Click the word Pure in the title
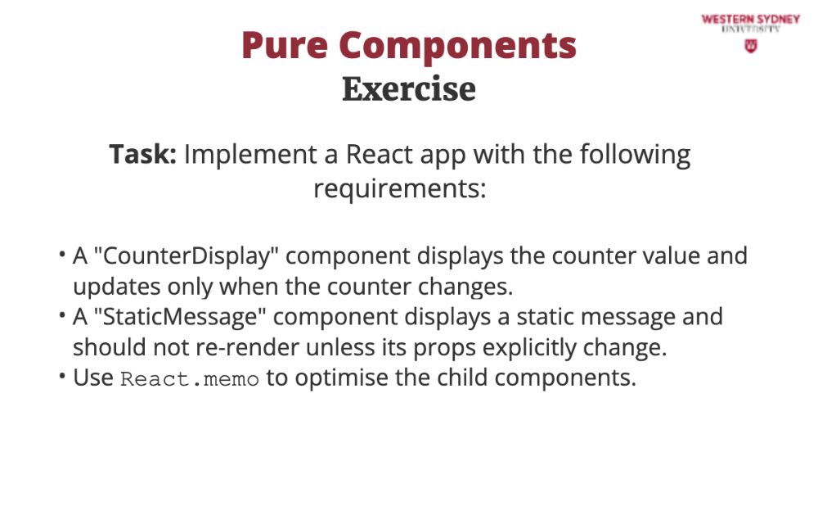tap(285, 46)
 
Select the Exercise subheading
tap(409, 88)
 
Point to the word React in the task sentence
tap(380, 155)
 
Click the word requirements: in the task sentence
tap(400, 189)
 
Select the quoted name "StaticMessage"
tap(179, 317)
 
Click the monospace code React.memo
tap(190, 379)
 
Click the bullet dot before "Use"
tap(62, 376)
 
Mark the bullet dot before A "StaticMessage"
tap(62, 315)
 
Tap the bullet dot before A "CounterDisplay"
tap(62, 255)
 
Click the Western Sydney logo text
tap(751, 23)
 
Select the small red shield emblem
tap(751, 46)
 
